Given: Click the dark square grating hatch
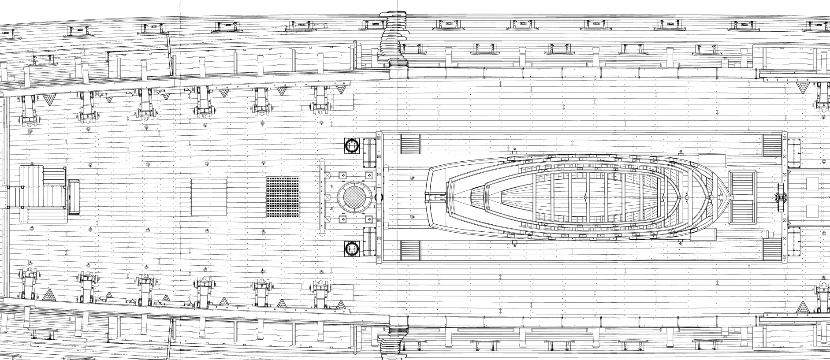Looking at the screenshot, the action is [282, 197].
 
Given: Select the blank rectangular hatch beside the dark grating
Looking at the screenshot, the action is [209, 197].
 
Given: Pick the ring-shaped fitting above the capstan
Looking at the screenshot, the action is [352, 145].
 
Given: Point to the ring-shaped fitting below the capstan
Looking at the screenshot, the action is [352, 249].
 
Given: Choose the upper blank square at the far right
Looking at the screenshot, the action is [812, 183].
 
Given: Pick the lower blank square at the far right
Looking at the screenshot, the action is [812, 211].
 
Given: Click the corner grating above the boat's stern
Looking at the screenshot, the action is [410, 144].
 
